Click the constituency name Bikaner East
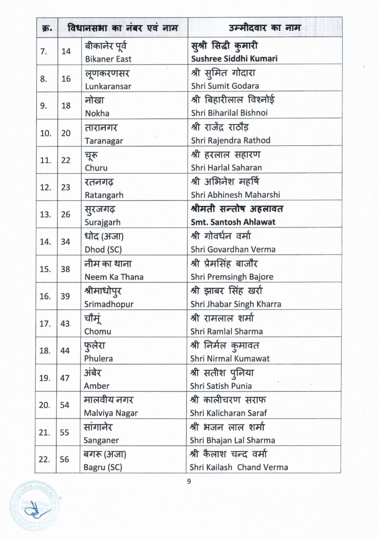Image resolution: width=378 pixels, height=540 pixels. (108, 59)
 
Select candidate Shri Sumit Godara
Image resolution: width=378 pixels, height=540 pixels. (225, 86)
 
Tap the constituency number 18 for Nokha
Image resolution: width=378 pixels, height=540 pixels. (66, 106)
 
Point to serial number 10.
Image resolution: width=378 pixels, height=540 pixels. (46, 133)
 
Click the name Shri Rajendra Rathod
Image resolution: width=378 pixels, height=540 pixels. (230, 140)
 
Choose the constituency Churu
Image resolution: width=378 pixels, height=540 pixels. (96, 168)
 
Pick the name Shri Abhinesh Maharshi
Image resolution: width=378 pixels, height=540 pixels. (235, 195)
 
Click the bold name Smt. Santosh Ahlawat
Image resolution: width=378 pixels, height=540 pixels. (233, 222)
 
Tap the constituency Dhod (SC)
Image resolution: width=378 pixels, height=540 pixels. (103, 249)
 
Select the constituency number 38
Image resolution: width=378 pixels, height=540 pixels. (65, 269)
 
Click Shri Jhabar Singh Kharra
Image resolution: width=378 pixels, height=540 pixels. (236, 304)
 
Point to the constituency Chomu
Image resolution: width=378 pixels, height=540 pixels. (98, 331)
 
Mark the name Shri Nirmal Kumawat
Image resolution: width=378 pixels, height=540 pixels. (230, 358)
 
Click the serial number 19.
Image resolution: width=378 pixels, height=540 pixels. (45, 378)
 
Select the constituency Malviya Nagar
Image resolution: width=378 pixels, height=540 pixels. (111, 413)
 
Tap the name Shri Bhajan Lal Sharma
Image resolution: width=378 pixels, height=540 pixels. (232, 440)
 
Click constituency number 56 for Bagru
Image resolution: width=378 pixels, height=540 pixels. (64, 459)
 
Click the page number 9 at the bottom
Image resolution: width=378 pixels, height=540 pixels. (189, 481)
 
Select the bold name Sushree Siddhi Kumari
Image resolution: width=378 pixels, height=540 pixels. (234, 59)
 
